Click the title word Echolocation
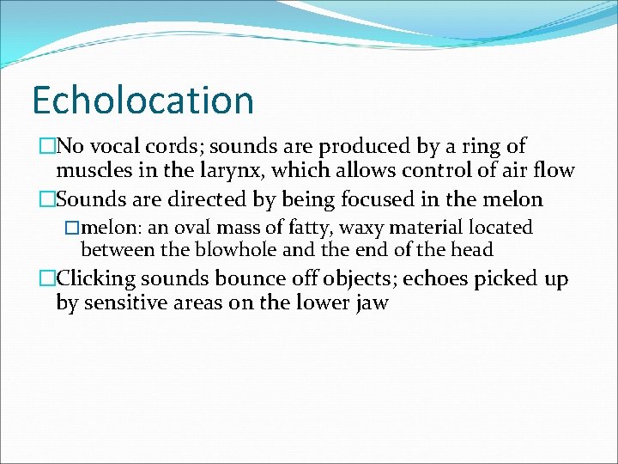click(142, 100)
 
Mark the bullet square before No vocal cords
click(46, 147)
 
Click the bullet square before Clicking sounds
click(46, 279)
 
